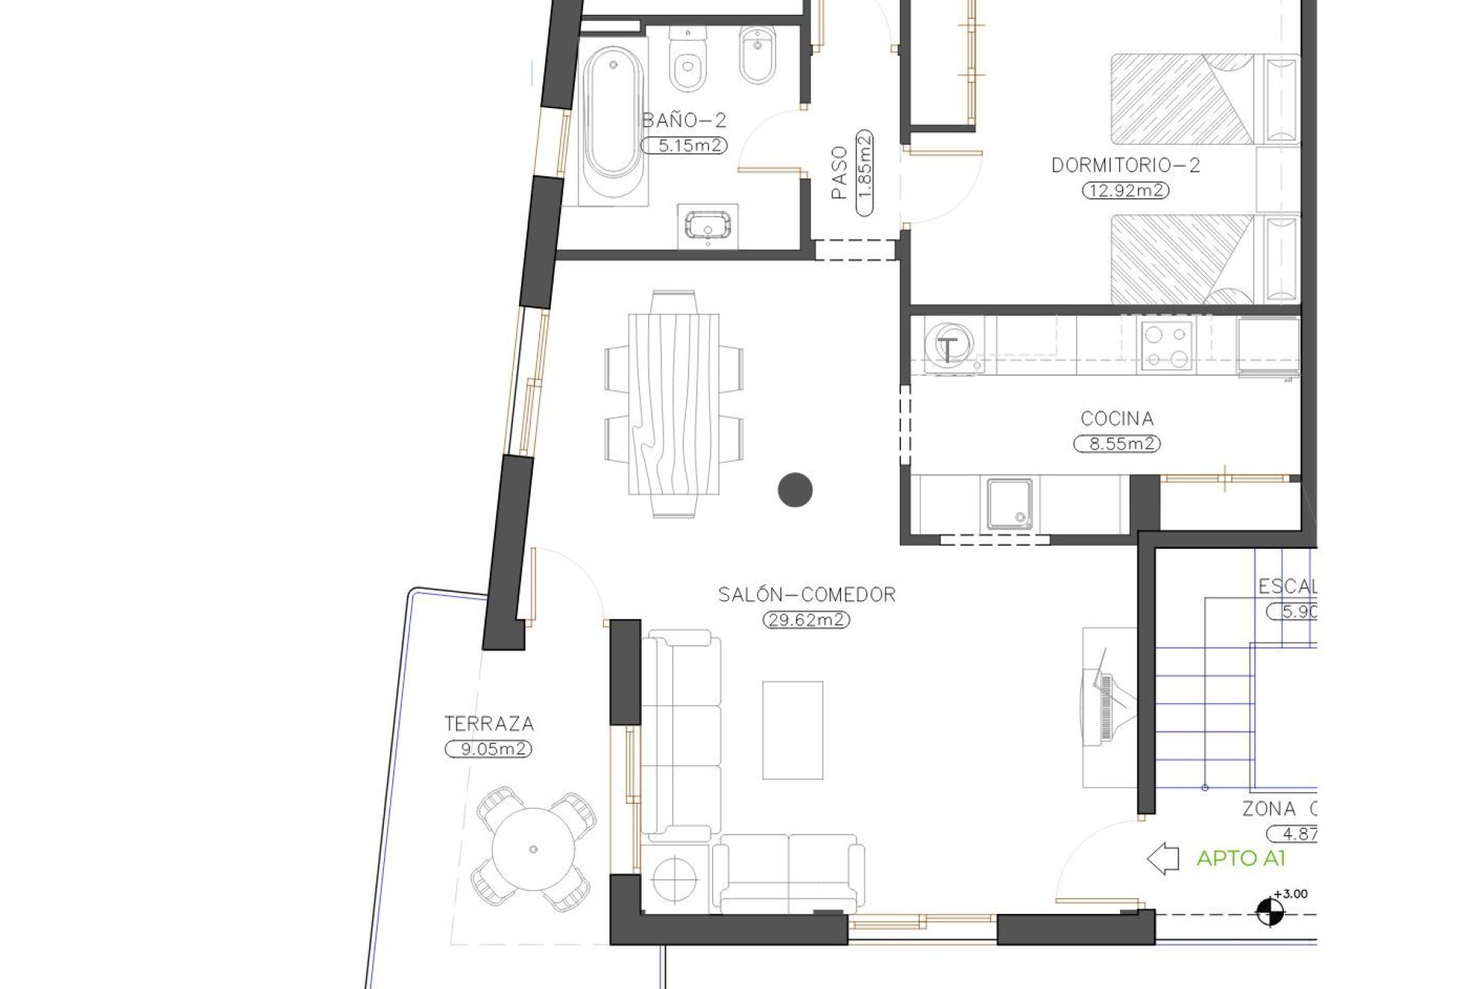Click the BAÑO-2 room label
(x=684, y=121)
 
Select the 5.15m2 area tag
(x=684, y=145)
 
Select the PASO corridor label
(x=840, y=172)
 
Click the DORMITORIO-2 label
(x=1125, y=165)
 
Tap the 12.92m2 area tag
(x=1125, y=190)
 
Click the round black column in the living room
(x=795, y=489)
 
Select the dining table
(x=674, y=404)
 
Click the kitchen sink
(x=1010, y=504)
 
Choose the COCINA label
(x=1117, y=419)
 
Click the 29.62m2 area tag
(x=806, y=620)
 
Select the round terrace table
(x=534, y=850)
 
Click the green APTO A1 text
(x=1240, y=858)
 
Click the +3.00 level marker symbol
(x=1266, y=913)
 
